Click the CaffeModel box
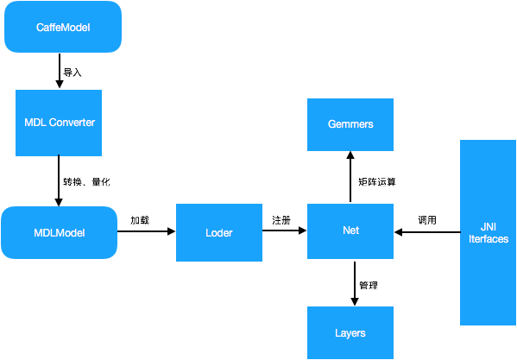pyautogui.click(x=62, y=28)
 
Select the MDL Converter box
pyautogui.click(x=59, y=122)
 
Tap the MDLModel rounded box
pyautogui.click(x=60, y=232)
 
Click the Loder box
pyautogui.click(x=218, y=232)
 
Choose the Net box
pyautogui.click(x=350, y=231)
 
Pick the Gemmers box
pyautogui.click(x=350, y=124)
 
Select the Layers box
pyautogui.click(x=350, y=332)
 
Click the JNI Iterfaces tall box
pyautogui.click(x=488, y=232)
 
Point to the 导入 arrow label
pyautogui.click(x=73, y=73)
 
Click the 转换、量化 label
pyautogui.click(x=86, y=182)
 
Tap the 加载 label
pyautogui.click(x=140, y=220)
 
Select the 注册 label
pyautogui.click(x=281, y=220)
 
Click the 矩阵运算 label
pyautogui.click(x=376, y=182)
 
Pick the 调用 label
pyautogui.click(x=427, y=220)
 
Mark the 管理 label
pyautogui.click(x=369, y=284)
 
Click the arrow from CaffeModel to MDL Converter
pyautogui.click(x=59, y=72)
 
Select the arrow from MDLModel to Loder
pyautogui.click(x=146, y=232)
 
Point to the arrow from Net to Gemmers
pyautogui.click(x=350, y=177)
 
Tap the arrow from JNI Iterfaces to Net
pyautogui.click(x=426, y=232)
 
